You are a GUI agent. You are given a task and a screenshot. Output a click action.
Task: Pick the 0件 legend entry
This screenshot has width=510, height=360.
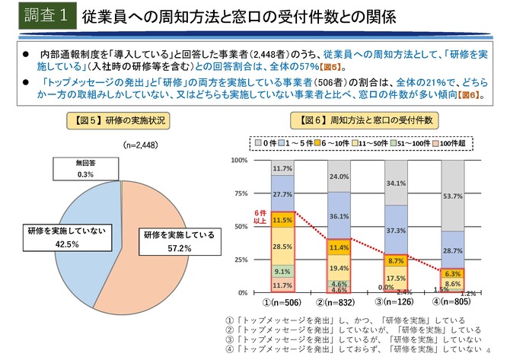point(263,142)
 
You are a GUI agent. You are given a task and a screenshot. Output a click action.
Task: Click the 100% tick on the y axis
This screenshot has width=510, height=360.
point(238,161)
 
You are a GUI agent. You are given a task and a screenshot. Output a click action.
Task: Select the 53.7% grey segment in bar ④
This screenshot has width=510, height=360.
point(454,196)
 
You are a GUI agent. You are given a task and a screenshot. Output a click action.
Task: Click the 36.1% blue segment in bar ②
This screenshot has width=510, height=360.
point(339,215)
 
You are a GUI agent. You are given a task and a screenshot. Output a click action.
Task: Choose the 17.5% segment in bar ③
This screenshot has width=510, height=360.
point(396,279)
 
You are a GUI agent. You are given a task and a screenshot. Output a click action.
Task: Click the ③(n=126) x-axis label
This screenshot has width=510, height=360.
point(396,303)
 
